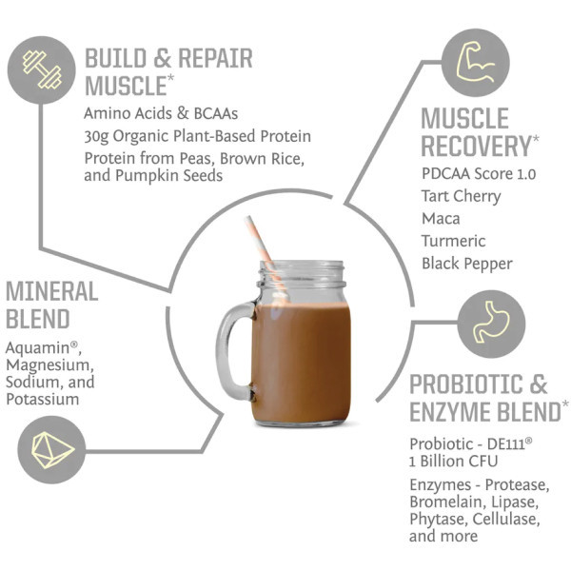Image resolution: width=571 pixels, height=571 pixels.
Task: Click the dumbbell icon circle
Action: click(x=42, y=69)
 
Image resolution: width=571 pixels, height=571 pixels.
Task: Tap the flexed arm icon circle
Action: click(x=476, y=63)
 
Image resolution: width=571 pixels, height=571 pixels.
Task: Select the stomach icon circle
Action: click(x=491, y=325)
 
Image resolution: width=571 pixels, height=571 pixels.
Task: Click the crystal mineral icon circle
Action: click(x=51, y=450)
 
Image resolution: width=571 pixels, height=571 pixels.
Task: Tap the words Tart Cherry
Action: click(x=461, y=197)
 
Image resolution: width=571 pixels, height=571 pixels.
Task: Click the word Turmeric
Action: click(x=453, y=241)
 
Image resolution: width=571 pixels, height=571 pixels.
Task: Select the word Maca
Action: click(x=441, y=219)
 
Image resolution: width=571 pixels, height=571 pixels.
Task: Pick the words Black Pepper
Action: click(x=467, y=264)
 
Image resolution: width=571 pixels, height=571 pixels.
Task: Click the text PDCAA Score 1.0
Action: click(x=479, y=174)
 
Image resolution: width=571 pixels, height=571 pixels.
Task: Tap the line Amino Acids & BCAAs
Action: click(x=161, y=113)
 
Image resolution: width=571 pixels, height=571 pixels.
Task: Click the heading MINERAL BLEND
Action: click(x=52, y=305)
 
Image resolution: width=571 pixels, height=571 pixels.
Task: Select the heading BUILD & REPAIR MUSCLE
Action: click(x=168, y=72)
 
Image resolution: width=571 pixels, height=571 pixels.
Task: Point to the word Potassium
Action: click(x=43, y=400)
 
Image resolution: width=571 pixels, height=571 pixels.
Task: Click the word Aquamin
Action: click(x=37, y=348)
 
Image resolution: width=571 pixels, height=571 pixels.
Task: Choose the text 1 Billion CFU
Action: click(x=453, y=462)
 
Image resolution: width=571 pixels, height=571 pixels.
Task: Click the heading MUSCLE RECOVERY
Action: click(x=477, y=132)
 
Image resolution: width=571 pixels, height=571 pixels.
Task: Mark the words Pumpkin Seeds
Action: click(x=169, y=176)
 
